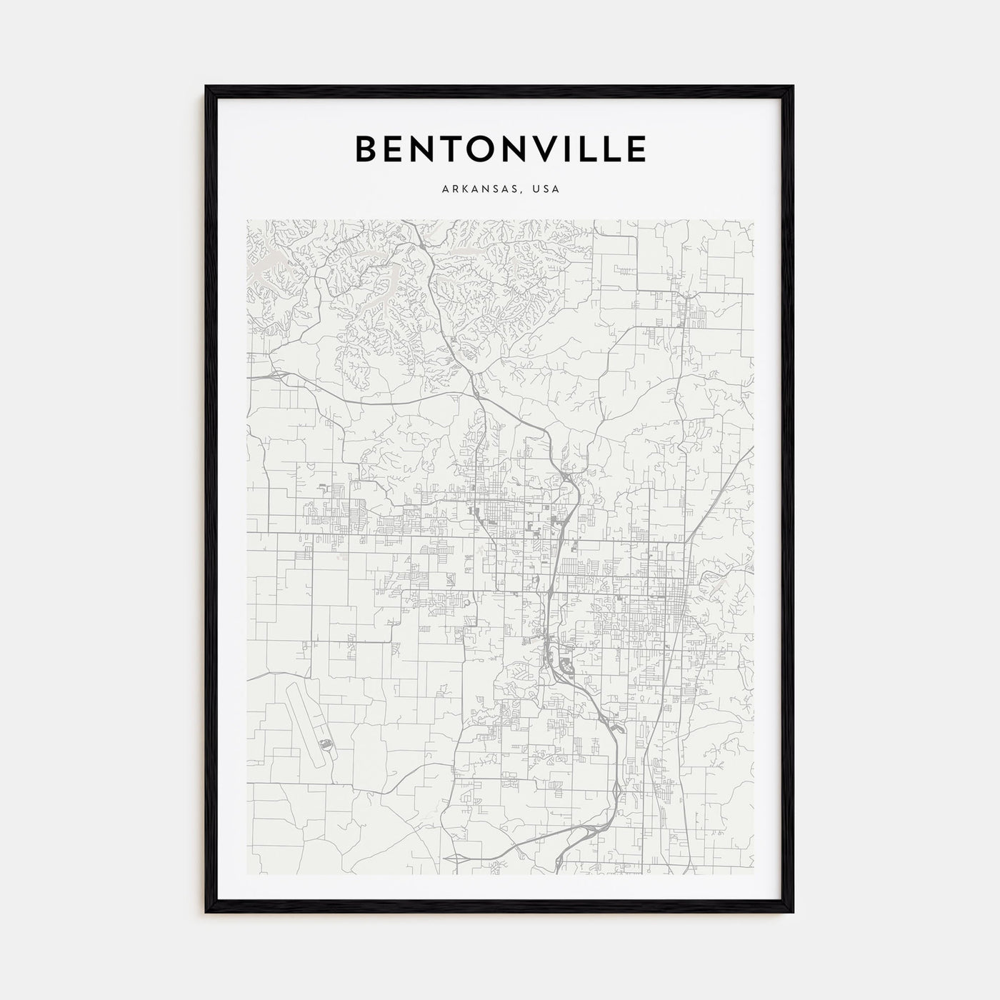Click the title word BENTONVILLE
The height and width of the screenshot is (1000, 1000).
click(500, 149)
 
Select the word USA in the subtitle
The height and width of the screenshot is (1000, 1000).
click(547, 190)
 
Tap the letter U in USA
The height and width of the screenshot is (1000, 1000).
click(537, 190)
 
